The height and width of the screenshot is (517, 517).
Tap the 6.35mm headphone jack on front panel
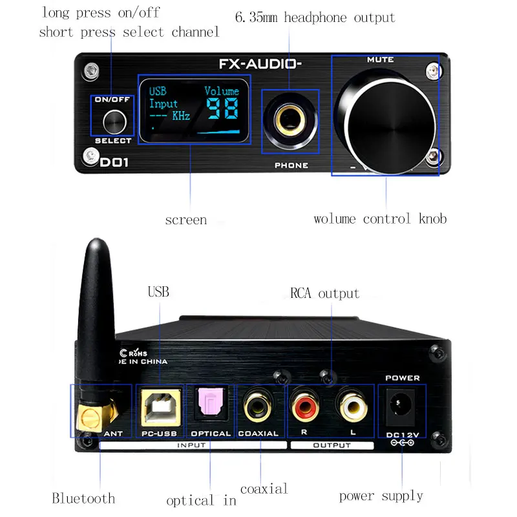click(290, 120)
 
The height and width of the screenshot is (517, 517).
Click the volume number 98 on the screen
click(222, 109)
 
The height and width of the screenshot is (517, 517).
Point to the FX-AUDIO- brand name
click(260, 64)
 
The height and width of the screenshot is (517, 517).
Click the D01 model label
click(114, 162)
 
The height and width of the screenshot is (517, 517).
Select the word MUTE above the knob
click(380, 59)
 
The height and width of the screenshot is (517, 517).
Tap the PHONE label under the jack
click(291, 165)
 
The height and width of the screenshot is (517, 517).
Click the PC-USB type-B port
click(160, 407)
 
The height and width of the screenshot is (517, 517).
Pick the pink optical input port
click(211, 401)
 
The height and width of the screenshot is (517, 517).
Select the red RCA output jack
click(304, 406)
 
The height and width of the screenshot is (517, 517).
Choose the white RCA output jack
click(352, 406)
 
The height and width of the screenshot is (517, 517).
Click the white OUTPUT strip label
click(332, 445)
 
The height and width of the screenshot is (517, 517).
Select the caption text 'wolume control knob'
click(380, 219)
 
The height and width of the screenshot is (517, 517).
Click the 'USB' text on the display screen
click(158, 91)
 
